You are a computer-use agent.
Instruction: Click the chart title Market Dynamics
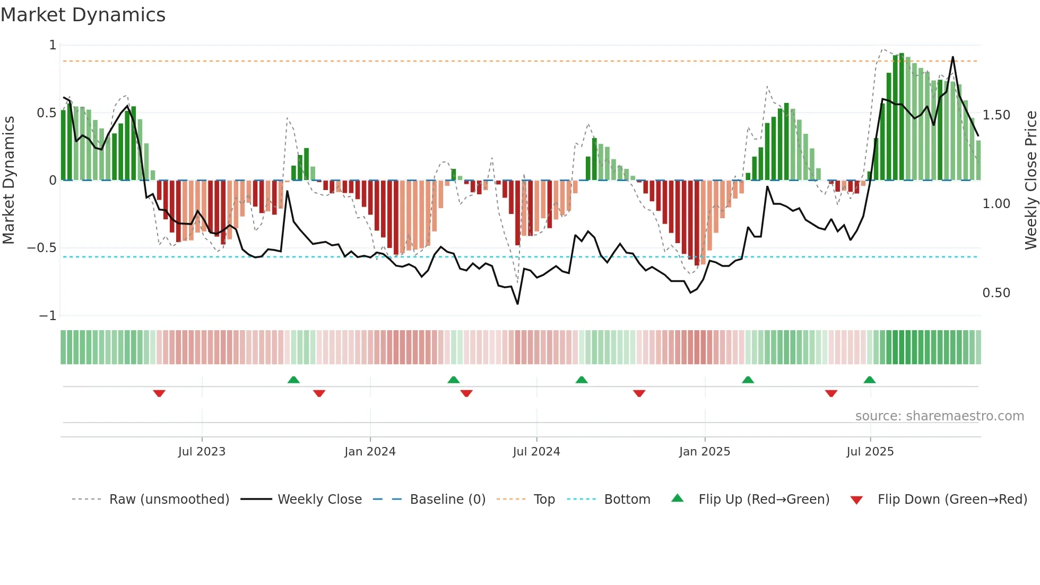[x=83, y=15]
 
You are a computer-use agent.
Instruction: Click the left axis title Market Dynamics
[x=8, y=180]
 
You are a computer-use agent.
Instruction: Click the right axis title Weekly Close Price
[x=1030, y=180]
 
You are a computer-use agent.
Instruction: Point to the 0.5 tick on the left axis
[x=46, y=113]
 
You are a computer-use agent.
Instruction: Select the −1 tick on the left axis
[x=48, y=316]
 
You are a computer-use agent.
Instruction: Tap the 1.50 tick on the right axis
[x=996, y=115]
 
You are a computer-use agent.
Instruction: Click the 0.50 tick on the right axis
[x=996, y=293]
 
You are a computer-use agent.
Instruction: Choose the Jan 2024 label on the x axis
[x=370, y=452]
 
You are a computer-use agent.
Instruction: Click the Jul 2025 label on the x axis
[x=870, y=452]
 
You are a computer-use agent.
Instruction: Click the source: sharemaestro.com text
[x=939, y=416]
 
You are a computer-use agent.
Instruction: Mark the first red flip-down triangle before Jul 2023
[x=159, y=393]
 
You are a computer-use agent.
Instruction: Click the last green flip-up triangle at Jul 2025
[x=869, y=380]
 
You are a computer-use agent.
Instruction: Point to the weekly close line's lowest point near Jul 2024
[x=517, y=304]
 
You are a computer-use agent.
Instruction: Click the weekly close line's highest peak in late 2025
[x=953, y=57]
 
